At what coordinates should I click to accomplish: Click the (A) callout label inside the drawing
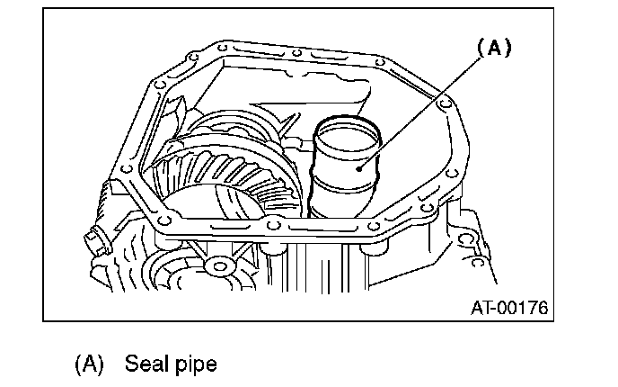[492, 49]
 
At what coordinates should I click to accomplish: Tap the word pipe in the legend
[194, 364]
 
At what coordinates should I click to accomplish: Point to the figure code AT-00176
[509, 308]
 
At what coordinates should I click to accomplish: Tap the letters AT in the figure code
[481, 308]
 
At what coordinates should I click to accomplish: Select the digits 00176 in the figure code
[522, 308]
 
